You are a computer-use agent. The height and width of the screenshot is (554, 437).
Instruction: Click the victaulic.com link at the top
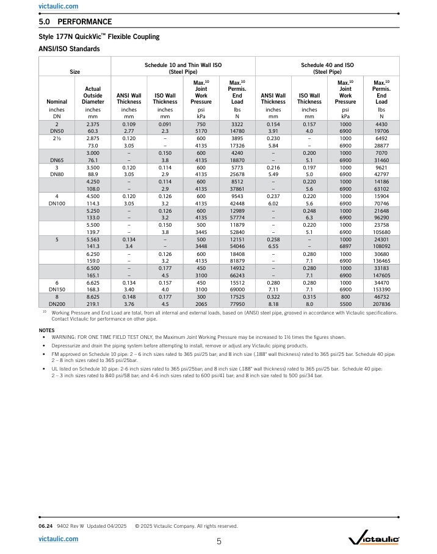[58, 6]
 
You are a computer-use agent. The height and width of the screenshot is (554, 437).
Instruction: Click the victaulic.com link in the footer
[58, 539]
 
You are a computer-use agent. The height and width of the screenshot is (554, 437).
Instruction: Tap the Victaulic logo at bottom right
[374, 539]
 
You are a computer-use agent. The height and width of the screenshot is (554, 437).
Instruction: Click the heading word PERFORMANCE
[85, 22]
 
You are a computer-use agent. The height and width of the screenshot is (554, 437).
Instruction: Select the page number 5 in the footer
[219, 541]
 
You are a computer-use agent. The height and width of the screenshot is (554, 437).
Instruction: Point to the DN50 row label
[56, 130]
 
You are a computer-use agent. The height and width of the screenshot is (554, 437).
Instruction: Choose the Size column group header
[74, 71]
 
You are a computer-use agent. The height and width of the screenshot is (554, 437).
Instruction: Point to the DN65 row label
[56, 159]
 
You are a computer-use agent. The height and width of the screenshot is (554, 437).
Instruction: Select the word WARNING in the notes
[63, 336]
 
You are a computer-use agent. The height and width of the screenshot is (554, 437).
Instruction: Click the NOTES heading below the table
[46, 330]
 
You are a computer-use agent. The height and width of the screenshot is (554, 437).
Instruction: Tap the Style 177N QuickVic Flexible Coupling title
[99, 37]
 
